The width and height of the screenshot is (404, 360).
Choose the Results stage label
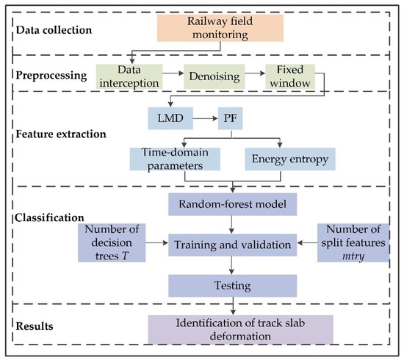37,323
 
